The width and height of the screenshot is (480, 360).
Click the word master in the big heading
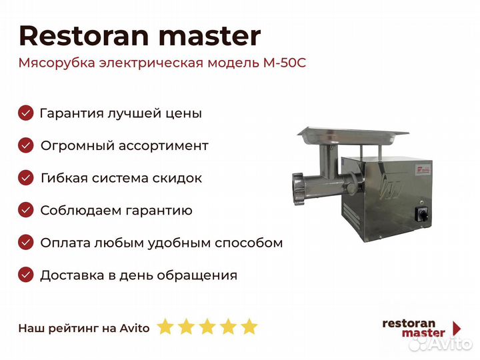point(210,37)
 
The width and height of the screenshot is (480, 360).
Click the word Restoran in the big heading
point(84,36)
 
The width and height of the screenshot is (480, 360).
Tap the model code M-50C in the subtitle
point(285,63)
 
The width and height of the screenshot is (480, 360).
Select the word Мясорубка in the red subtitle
point(57,64)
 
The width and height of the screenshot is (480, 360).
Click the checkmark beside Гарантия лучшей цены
point(26,113)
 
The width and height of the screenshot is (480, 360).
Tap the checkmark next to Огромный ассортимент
point(26,145)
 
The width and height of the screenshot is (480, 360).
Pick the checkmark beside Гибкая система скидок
point(26,178)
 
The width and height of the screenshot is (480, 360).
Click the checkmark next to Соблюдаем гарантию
point(26,210)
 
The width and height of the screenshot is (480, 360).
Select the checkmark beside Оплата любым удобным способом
point(26,243)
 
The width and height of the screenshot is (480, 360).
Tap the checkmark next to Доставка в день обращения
point(26,275)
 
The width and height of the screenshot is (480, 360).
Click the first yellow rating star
point(165,327)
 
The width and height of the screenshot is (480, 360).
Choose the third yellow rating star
point(207,327)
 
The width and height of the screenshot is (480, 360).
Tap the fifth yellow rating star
point(249,327)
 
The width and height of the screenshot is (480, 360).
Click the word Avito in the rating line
point(135,328)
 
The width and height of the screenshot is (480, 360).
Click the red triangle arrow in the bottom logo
point(457,328)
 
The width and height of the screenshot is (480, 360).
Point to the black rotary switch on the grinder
point(420,213)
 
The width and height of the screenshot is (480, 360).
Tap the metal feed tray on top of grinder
point(353,136)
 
